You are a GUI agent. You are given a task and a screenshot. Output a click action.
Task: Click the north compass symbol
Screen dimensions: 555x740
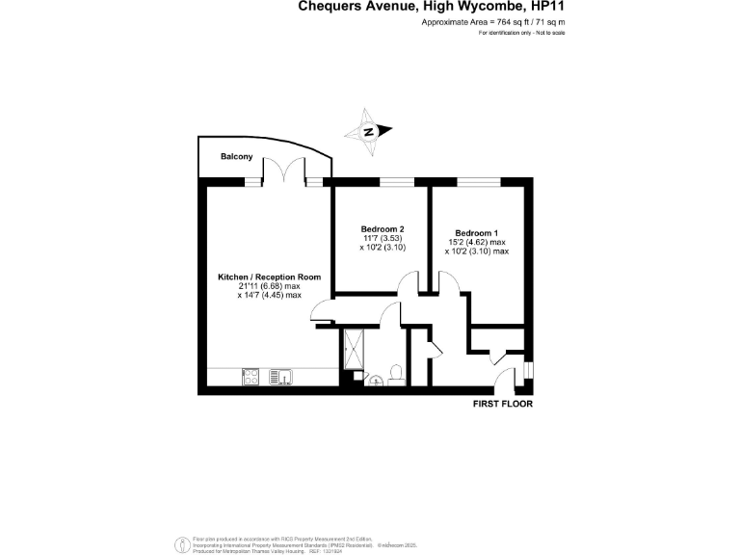(x=369, y=133)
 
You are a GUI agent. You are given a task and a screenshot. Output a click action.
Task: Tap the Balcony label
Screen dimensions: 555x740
(x=236, y=157)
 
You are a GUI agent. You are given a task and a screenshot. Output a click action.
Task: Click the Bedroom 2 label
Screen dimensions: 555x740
(x=369, y=229)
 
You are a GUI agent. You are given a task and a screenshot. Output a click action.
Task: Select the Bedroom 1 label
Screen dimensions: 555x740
(x=477, y=233)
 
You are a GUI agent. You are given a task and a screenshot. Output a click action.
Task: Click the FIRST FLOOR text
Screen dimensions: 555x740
(x=502, y=404)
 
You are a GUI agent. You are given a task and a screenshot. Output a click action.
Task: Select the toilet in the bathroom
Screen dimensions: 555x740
(x=398, y=373)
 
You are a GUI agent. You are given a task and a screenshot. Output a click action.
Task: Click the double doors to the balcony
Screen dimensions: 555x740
(x=280, y=170)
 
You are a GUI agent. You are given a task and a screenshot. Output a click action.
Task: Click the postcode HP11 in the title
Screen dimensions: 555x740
(x=542, y=7)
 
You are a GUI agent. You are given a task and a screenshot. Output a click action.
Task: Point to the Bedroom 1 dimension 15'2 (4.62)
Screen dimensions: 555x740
(x=477, y=242)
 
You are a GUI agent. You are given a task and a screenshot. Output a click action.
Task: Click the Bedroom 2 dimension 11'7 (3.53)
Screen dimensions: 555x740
(x=369, y=238)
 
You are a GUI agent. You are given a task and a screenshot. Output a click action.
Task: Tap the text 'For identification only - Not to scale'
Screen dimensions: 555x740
(x=521, y=33)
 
